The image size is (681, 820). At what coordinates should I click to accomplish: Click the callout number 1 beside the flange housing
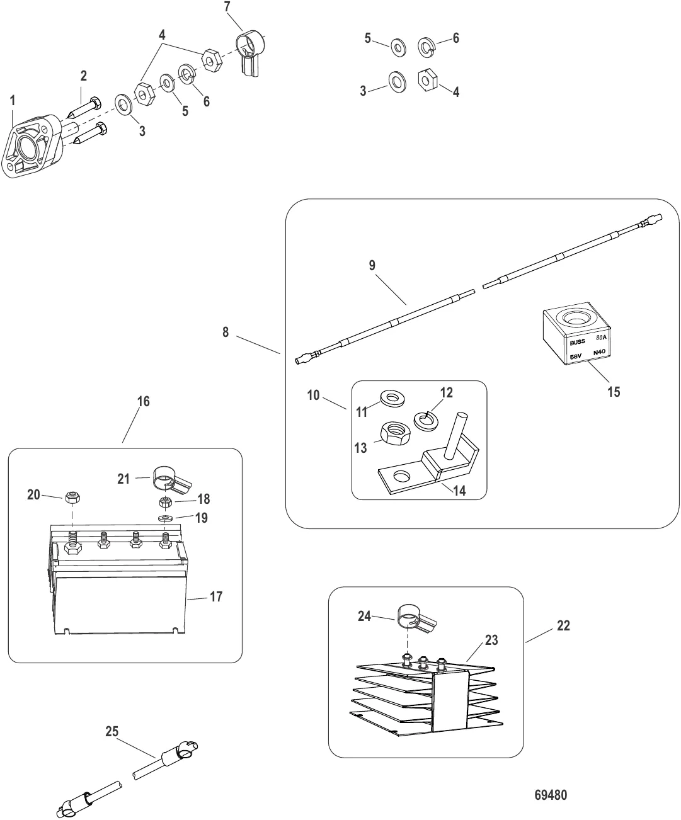click(x=13, y=100)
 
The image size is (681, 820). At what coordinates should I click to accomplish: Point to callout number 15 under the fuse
click(x=614, y=392)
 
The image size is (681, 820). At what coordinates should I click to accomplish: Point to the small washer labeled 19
click(x=166, y=518)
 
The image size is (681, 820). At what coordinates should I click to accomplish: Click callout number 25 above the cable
click(x=112, y=732)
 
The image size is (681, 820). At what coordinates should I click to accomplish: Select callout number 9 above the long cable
click(x=372, y=265)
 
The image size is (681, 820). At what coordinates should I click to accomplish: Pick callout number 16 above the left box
click(x=143, y=401)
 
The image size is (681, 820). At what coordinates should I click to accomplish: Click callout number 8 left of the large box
click(x=226, y=331)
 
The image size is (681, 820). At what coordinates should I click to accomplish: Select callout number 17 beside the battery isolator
click(x=216, y=596)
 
